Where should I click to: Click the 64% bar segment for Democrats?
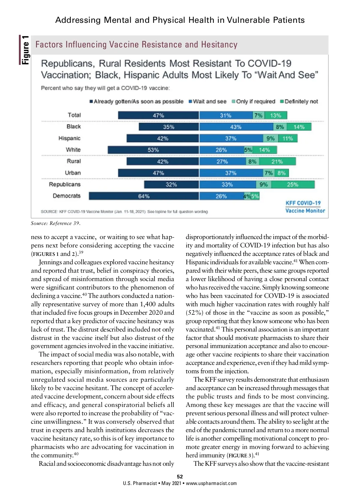pyautogui.click(x=144, y=196)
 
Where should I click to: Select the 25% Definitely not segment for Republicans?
pyautogui.click(x=293, y=185)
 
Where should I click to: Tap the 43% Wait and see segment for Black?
pyautogui.click(x=236, y=127)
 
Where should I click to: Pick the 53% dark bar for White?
pyautogui.click(x=153, y=150)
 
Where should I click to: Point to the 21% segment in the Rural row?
pyautogui.click(x=277, y=162)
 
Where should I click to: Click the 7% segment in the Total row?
pyautogui.click(x=258, y=115)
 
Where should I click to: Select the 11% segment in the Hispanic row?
pyautogui.click(x=288, y=138)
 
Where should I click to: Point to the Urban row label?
pyautogui.click(x=73, y=173)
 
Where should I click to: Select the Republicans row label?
pyautogui.click(x=65, y=184)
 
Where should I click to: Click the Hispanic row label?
pyautogui.click(x=70, y=138)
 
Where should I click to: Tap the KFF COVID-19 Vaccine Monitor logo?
pyautogui.click(x=305, y=207)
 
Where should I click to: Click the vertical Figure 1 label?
pyautogui.click(x=25, y=50)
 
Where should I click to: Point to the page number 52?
pyautogui.click(x=180, y=477)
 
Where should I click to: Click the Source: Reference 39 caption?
pyautogui.click(x=56, y=223)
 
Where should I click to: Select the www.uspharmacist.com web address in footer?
pyautogui.click(x=211, y=483)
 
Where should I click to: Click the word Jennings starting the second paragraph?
pyautogui.click(x=50, y=262)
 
